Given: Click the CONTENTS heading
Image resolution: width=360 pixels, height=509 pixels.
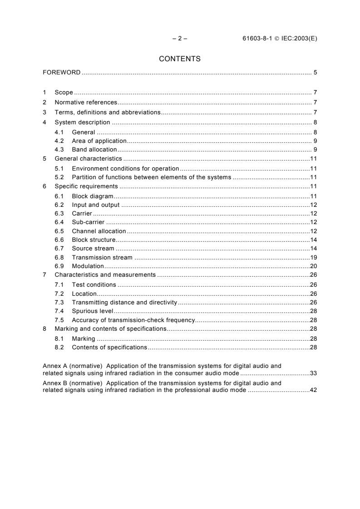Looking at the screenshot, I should pyautogui.click(x=180, y=59).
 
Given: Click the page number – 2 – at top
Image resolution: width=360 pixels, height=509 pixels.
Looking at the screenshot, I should pyautogui.click(x=180, y=39).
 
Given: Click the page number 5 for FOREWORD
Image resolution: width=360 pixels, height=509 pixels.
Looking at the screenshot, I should pyautogui.click(x=315, y=73).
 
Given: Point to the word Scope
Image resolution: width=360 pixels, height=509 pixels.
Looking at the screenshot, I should pyautogui.click(x=64, y=92).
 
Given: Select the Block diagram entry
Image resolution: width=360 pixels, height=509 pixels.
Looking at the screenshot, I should pyautogui.click(x=92, y=196).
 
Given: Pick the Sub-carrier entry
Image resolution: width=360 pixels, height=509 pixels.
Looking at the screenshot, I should pyautogui.click(x=88, y=222).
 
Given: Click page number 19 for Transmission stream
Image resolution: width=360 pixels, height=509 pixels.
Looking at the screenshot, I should pyautogui.click(x=313, y=257).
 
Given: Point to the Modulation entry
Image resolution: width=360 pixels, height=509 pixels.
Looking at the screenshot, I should pyautogui.click(x=88, y=266).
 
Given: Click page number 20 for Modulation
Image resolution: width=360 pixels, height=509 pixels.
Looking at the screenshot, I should pyautogui.click(x=313, y=266).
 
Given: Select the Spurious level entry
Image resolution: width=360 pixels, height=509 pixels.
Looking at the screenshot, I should pyautogui.click(x=93, y=311).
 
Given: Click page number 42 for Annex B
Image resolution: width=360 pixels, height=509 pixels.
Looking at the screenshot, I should pyautogui.click(x=313, y=390).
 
